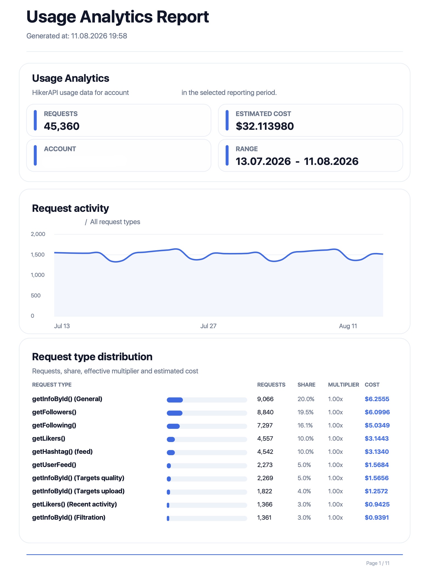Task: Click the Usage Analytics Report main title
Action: [118, 17]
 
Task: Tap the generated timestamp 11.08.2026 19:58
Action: [99, 36]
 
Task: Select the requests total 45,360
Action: [62, 126]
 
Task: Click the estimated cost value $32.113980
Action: [265, 126]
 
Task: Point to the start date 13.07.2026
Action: [263, 161]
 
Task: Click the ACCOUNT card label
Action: [60, 149]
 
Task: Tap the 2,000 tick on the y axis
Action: [38, 234]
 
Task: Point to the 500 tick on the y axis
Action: [36, 296]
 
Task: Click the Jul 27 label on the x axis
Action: [208, 326]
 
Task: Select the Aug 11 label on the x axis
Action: [348, 326]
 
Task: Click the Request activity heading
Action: [70, 209]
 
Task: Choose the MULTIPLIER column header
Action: [344, 385]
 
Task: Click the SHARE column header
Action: [307, 385]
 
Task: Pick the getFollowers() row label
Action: [54, 412]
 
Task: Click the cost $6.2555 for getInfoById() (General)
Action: [377, 399]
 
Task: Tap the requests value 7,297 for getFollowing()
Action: [265, 425]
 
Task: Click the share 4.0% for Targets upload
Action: [304, 491]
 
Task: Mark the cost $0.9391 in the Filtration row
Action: [377, 517]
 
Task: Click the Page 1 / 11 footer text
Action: [378, 563]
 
